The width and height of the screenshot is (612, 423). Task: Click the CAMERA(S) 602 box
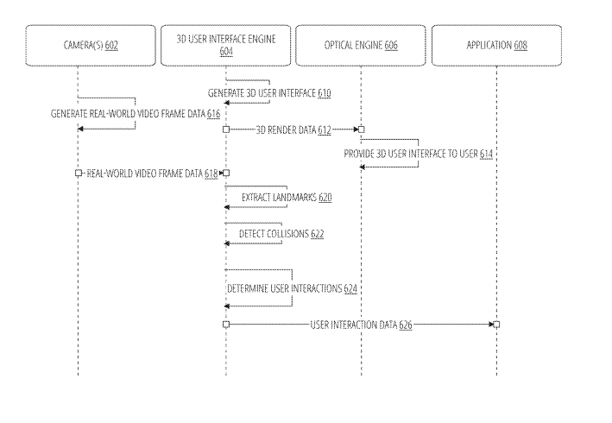pos(78,46)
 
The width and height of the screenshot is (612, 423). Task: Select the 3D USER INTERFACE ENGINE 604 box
pos(225,46)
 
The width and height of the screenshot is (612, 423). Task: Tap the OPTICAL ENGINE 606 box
pos(360,46)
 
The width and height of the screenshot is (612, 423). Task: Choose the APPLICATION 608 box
pos(496,46)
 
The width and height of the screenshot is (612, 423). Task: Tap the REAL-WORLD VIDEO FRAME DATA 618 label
pos(152,174)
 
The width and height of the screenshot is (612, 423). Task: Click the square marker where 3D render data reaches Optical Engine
pos(361,129)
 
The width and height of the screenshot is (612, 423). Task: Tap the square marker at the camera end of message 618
pos(79,174)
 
